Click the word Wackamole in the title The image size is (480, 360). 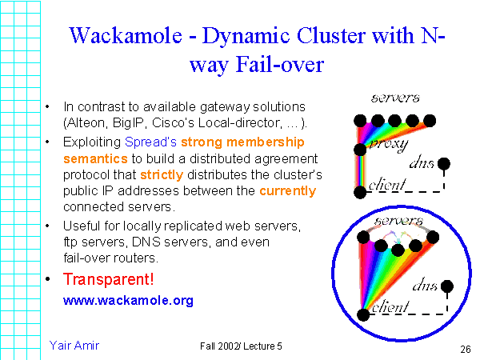pyautogui.click(x=126, y=35)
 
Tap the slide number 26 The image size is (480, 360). pyautogui.click(x=466, y=349)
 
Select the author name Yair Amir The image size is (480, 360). pyautogui.click(x=74, y=346)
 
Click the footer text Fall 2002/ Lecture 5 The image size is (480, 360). pyautogui.click(x=241, y=346)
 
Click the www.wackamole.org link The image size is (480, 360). pyautogui.click(x=128, y=300)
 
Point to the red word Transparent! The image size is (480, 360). pyautogui.click(x=108, y=279)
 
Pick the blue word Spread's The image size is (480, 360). pyautogui.click(x=150, y=142)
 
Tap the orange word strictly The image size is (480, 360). pyautogui.click(x=162, y=175)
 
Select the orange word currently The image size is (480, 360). pyautogui.click(x=288, y=191)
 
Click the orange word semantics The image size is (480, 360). pyautogui.click(x=95, y=159)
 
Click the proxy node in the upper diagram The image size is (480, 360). pyautogui.click(x=360, y=150)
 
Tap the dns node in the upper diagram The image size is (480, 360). pyautogui.click(x=444, y=164)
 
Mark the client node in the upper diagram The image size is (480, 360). pyautogui.click(x=360, y=193)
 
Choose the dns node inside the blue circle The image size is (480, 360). pyautogui.click(x=447, y=286)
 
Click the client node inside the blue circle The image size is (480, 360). pyautogui.click(x=363, y=315)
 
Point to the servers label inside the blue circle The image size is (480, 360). pyautogui.click(x=399, y=221)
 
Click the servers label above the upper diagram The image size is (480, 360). pyautogui.click(x=395, y=98)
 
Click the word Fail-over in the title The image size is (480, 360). pyautogui.click(x=280, y=65)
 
